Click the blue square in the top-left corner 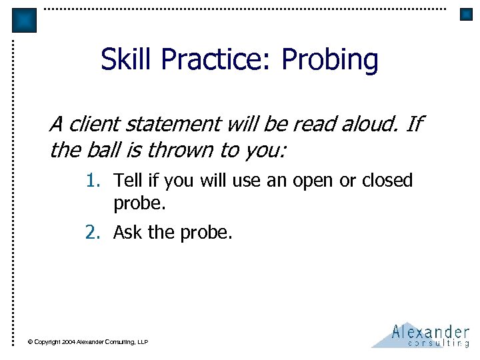[24, 20]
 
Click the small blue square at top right [466, 14]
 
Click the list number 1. [91, 181]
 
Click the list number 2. [91, 233]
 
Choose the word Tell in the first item [126, 181]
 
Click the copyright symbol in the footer [30, 342]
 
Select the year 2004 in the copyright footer [69, 342]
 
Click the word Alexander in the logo [430, 331]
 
